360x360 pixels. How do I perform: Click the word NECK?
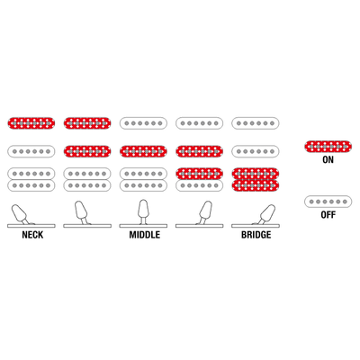coord(32,235)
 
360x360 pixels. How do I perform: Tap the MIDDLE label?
coord(145,235)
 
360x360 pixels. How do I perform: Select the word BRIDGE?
coord(256,235)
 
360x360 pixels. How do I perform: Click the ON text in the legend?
coord(328,159)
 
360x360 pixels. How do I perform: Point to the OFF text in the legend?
coord(328,215)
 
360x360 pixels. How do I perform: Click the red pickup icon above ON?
coord(328,146)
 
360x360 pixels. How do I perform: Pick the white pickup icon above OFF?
coord(328,202)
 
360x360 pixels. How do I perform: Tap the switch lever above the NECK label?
coord(21,213)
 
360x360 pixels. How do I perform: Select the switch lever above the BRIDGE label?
coord(265,214)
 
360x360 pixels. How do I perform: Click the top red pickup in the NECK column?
coord(31,123)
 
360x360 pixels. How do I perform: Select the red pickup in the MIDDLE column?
coord(143,151)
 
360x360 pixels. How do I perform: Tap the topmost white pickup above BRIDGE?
coord(256,123)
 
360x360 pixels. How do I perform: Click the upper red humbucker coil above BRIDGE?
coord(256,174)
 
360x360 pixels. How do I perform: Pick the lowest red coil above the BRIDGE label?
coord(256,185)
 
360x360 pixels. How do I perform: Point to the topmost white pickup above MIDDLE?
coord(143,123)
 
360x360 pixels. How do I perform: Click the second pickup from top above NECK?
coord(31,151)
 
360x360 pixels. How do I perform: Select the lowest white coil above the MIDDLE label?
coord(143,185)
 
